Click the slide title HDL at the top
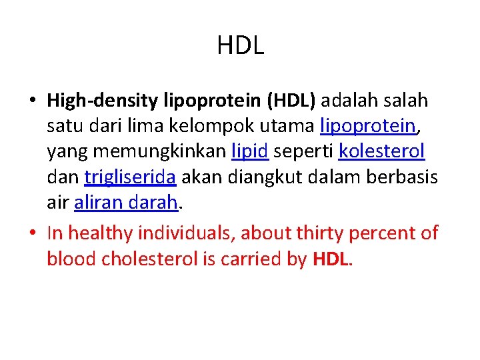(240, 45)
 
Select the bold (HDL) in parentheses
(293, 101)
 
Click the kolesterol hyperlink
(381, 151)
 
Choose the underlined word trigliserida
(130, 177)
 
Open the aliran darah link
(126, 202)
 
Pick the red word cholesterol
(149, 258)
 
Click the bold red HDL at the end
(330, 258)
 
